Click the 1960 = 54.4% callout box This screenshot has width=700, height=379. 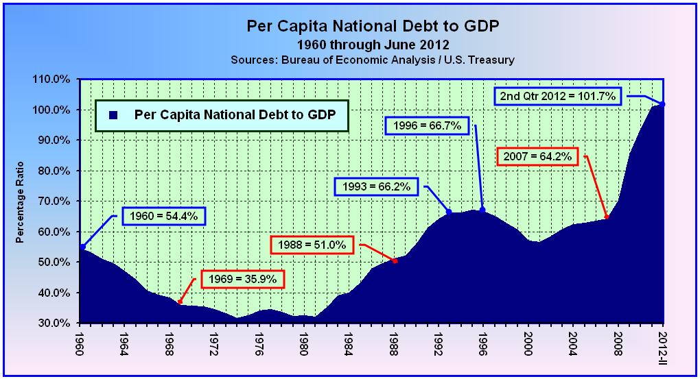[163, 217]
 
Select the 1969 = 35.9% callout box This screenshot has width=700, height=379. [242, 279]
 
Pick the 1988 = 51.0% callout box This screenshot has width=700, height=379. [312, 244]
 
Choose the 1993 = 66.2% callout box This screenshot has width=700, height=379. [375, 186]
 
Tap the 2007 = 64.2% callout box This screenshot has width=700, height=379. [537, 156]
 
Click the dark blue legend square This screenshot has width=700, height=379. [115, 114]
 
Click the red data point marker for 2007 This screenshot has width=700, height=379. [607, 218]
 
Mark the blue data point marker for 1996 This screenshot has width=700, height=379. [482, 210]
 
